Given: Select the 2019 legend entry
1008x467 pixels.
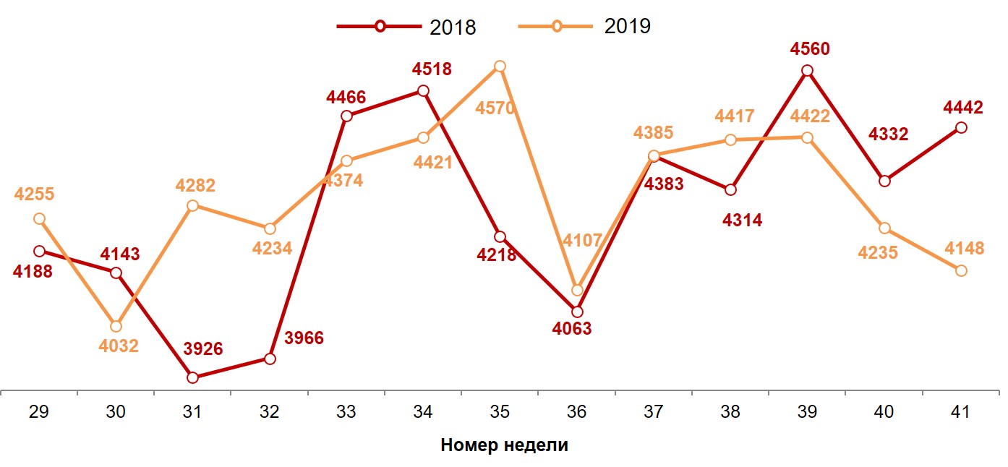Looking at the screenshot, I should pos(586,27).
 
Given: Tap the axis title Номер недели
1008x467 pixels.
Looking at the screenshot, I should pos(504,445).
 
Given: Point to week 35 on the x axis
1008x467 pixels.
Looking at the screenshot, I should pos(500,412).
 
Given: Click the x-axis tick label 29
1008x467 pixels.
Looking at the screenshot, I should pos(39,412).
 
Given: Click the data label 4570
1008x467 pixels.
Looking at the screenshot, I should pos(495,109).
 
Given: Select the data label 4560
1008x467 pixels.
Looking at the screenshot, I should pos(810,49).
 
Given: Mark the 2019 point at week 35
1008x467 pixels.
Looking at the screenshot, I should pos(500,67).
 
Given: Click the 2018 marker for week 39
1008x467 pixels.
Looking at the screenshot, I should pos(807,71).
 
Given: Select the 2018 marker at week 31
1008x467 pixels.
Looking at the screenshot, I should pos(192,377).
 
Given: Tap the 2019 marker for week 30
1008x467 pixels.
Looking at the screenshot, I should pos(116,327).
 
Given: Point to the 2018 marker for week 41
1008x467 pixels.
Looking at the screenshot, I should pos(961,128).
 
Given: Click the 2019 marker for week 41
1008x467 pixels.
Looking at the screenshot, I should pos(961,270).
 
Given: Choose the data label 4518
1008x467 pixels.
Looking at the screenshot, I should pos(432,69).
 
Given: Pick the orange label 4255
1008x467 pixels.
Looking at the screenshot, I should pos(34,194).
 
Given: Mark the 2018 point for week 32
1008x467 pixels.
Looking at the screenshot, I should pos(270,359).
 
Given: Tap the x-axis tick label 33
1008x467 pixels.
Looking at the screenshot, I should pos(346,412).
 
